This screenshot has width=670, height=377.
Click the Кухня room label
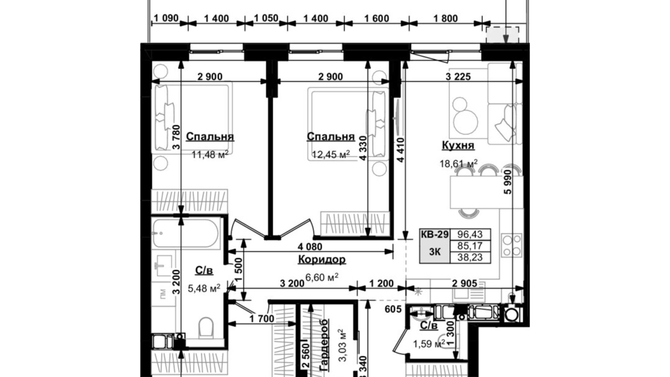coord(458,145)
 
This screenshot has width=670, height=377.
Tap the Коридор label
coord(322,260)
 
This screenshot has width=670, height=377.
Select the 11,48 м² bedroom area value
coord(210,155)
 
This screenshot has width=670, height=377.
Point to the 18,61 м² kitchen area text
coord(458,163)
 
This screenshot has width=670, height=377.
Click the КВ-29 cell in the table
coord(434,235)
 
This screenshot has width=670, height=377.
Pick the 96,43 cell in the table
coord(470,235)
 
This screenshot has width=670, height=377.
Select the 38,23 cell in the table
coord(470,257)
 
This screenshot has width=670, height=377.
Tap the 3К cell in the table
coord(434,252)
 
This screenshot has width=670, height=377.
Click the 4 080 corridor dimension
coord(310,247)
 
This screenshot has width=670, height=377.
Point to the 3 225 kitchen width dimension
coord(458,76)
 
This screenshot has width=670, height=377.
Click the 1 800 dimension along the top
coord(445,18)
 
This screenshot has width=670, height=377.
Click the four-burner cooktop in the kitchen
coord(511,245)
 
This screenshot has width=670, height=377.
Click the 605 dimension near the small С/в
coord(393,309)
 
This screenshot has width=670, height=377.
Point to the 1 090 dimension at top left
coord(166,18)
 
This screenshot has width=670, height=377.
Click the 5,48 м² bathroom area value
coord(204,289)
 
